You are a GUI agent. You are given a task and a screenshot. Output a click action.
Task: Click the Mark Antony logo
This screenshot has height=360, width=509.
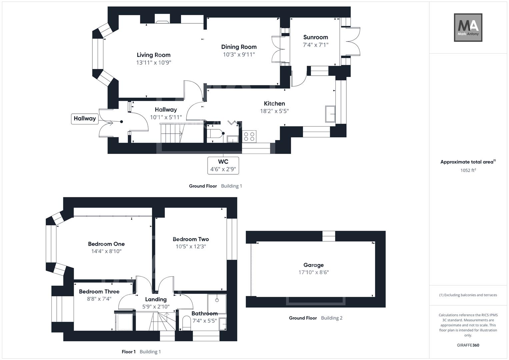click(468, 28)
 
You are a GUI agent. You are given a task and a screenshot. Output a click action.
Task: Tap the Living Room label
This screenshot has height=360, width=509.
click(154, 55)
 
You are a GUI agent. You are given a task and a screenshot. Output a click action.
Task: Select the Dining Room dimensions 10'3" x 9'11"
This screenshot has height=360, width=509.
click(239, 55)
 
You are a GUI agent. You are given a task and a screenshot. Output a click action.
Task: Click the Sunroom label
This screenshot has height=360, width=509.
click(315, 37)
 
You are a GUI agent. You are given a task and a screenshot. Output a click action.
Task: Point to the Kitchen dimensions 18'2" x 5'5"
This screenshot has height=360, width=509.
click(274, 111)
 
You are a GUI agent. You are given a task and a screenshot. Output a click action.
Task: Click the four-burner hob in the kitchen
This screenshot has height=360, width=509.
click(249, 136)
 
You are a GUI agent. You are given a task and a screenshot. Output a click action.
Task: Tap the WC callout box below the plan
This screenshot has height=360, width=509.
click(223, 165)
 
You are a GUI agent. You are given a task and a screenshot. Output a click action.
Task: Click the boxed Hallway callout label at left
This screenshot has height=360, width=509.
click(85, 119)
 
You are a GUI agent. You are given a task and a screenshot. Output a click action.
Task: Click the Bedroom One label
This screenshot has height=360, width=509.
click(106, 244)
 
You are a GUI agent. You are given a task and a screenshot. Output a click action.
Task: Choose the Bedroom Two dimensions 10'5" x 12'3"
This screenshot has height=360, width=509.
click(191, 247)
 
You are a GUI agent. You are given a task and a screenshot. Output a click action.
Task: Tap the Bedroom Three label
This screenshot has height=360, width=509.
click(99, 292)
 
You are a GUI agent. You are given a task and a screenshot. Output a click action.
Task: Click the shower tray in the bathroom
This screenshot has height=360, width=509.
click(217, 304)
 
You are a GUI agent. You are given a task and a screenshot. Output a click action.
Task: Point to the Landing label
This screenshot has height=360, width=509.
click(156, 299)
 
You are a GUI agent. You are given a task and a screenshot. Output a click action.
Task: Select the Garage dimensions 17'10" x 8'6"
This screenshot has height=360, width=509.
click(313, 272)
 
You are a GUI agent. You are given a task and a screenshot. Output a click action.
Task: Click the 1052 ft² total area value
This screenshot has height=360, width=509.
click(468, 170)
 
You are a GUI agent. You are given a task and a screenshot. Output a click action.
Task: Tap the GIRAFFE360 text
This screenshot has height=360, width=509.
click(468, 345)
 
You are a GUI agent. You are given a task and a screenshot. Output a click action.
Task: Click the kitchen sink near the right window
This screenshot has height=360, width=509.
click(330, 114)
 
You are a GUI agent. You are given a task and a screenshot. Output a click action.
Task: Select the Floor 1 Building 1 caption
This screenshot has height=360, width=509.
click(141, 352)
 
